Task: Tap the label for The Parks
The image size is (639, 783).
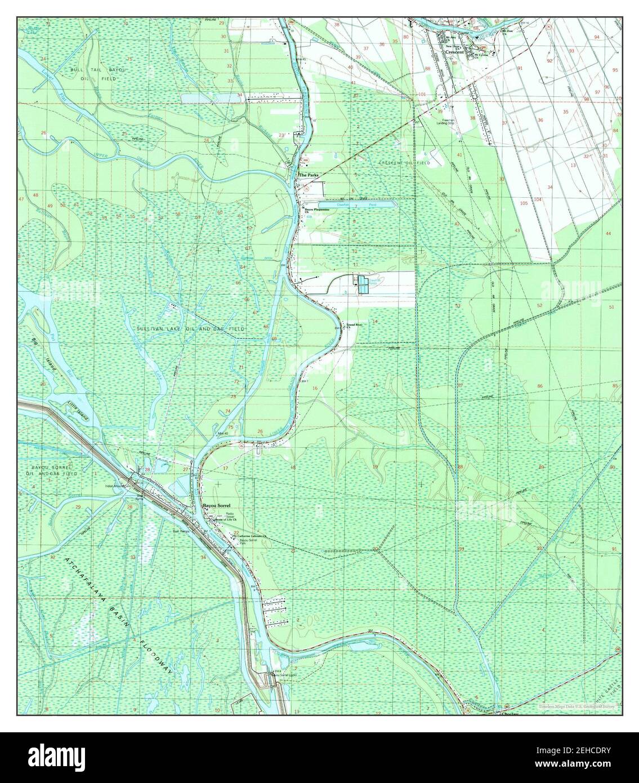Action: coord(309,176)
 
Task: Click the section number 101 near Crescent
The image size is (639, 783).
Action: coord(422,94)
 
